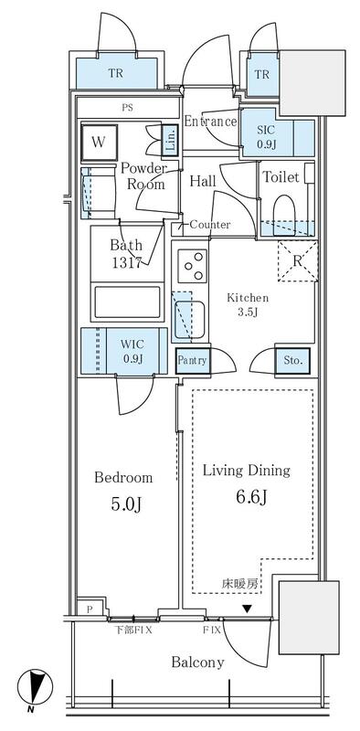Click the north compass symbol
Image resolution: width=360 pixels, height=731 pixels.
click(35, 688)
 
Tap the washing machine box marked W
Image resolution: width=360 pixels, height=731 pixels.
click(99, 143)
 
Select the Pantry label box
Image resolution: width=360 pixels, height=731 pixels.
click(193, 360)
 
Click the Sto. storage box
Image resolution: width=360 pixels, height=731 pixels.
click(292, 361)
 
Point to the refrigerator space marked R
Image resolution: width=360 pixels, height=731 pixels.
click(298, 261)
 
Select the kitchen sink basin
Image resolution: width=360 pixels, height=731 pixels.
click(191, 319)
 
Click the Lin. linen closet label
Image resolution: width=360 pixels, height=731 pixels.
click(170, 140)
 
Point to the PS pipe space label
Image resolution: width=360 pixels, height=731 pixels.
click(127, 108)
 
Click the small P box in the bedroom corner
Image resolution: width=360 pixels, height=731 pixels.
click(89, 609)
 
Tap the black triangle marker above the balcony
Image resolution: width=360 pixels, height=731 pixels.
click(247, 609)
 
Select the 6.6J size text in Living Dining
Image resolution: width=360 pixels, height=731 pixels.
click(251, 498)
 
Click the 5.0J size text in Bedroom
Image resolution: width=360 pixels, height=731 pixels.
click(125, 504)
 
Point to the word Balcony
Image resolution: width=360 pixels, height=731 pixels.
click(197, 662)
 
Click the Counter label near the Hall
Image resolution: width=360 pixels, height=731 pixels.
click(210, 225)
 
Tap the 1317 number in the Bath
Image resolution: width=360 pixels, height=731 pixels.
click(126, 263)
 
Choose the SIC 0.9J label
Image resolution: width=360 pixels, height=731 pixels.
click(266, 136)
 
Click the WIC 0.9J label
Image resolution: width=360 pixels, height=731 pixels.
click(132, 352)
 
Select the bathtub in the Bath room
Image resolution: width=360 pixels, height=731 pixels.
click(127, 302)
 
